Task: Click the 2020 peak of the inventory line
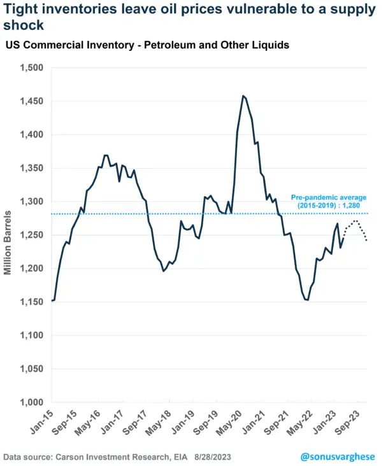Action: (x=243, y=96)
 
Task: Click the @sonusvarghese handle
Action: (x=337, y=456)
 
